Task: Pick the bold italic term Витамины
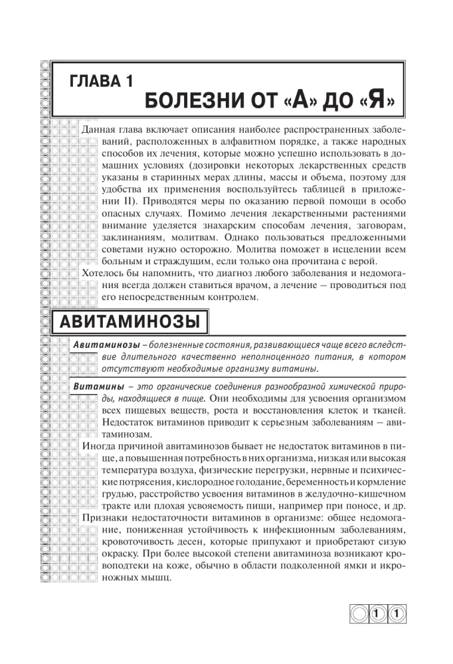pyautogui.click(x=98, y=386)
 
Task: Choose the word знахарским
pyautogui.click(x=210, y=226)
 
